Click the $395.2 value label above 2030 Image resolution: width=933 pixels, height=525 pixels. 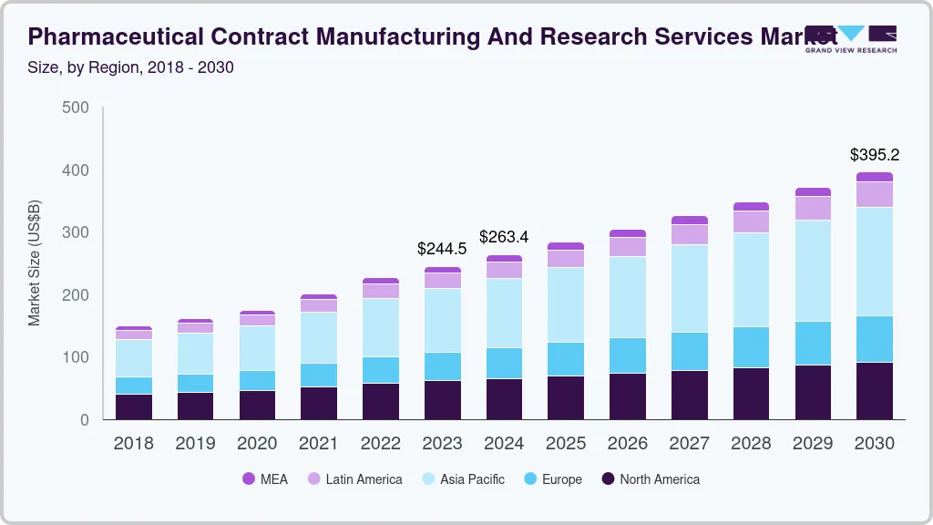click(875, 155)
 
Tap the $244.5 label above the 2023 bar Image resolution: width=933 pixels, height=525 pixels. click(442, 248)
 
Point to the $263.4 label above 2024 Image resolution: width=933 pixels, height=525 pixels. click(504, 237)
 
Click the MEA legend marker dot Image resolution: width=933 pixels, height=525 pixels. click(249, 479)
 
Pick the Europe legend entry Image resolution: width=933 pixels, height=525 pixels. click(551, 479)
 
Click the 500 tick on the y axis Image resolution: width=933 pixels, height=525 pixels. click(76, 108)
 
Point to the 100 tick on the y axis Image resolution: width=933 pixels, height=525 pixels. click(76, 357)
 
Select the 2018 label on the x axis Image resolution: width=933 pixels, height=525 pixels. click(134, 444)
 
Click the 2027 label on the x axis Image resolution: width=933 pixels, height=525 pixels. click(690, 444)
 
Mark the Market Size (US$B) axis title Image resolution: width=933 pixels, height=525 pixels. click(35, 262)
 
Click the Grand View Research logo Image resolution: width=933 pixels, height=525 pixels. click(851, 38)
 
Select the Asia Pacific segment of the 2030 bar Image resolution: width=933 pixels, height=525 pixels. click(875, 262)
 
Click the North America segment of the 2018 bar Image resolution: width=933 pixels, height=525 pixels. click(134, 407)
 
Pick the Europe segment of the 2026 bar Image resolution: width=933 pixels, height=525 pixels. click(628, 355)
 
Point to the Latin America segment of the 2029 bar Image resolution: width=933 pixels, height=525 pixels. click(813, 208)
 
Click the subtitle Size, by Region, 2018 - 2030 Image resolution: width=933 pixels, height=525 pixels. click(131, 67)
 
